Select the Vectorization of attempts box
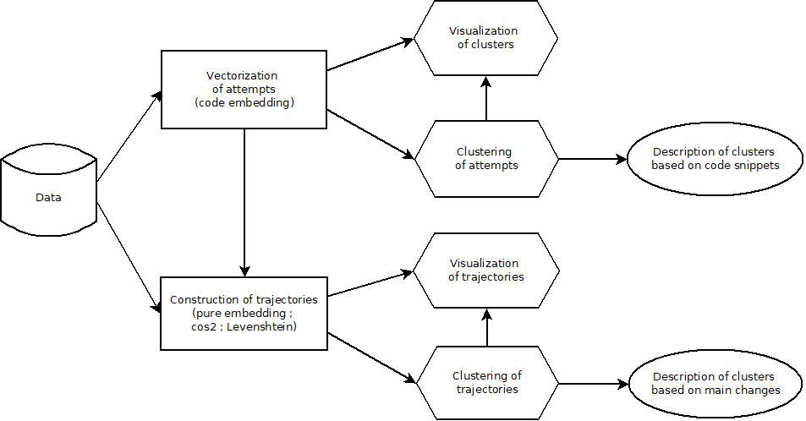[244, 89]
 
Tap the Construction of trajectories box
[244, 314]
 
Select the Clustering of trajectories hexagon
[485, 383]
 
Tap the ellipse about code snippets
[715, 158]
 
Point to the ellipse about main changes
[715, 383]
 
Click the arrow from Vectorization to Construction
[244, 203]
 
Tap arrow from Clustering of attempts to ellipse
[592, 158]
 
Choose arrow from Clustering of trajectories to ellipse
[592, 383]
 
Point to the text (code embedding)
[243, 102]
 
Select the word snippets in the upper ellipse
[757, 165]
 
